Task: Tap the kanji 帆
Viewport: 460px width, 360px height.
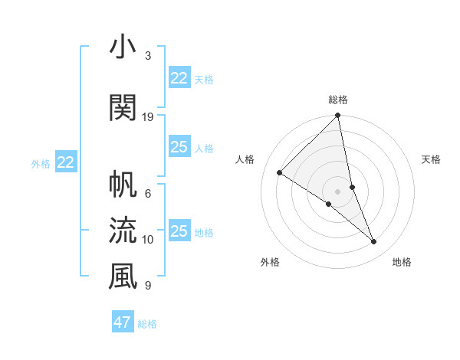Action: point(123,185)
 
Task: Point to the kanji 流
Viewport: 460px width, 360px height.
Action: point(123,229)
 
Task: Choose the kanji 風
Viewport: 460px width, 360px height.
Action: point(123,277)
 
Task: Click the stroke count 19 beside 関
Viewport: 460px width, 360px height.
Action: point(148,116)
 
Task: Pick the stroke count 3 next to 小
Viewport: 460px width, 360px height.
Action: point(148,56)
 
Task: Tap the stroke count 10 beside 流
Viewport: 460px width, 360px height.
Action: point(148,240)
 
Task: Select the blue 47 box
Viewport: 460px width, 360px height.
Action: point(123,322)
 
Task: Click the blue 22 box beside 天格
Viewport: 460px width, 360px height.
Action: point(179,78)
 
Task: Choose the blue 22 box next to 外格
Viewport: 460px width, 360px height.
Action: point(65,162)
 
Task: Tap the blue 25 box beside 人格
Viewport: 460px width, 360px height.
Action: point(179,147)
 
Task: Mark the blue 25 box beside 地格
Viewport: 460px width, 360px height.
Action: point(179,231)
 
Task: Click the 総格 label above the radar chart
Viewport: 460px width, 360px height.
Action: point(338,100)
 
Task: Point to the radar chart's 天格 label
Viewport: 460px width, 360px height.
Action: point(431,159)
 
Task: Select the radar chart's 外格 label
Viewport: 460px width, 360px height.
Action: point(270,262)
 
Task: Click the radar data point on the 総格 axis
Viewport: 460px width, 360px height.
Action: point(338,116)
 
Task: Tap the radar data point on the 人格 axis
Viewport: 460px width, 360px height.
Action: point(280,173)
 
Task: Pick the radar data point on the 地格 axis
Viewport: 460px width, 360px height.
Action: point(374,242)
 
